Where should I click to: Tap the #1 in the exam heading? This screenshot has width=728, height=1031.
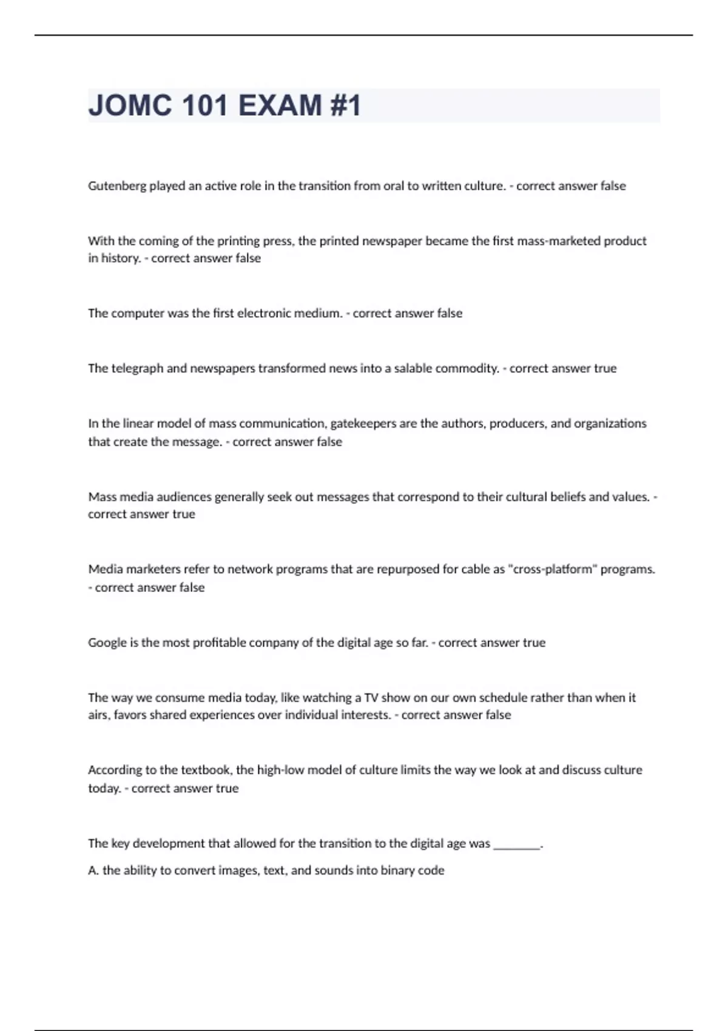pyautogui.click(x=345, y=105)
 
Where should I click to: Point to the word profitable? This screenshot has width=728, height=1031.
pyautogui.click(x=217, y=642)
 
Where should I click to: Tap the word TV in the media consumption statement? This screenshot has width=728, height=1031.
pyautogui.click(x=371, y=697)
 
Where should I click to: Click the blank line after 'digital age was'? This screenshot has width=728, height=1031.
pyautogui.click(x=516, y=844)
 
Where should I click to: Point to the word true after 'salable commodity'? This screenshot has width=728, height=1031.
pyautogui.click(x=605, y=368)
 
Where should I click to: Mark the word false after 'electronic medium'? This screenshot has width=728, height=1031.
pyautogui.click(x=450, y=313)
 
